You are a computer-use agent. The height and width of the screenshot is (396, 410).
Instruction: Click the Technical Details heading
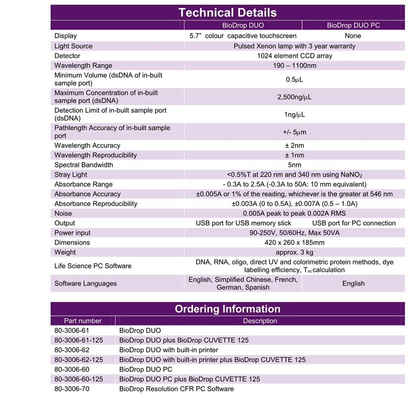coord(227,12)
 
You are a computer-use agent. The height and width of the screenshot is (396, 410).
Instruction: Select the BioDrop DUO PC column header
coord(353,26)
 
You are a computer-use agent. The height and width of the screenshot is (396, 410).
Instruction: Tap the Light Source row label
coord(73,46)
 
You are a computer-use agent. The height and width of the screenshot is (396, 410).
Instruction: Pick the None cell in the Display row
coord(353,36)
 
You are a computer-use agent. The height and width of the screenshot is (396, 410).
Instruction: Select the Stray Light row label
coord(71,174)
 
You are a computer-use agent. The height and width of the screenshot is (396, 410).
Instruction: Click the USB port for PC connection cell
coord(354,223)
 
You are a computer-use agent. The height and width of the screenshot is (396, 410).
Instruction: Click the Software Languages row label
coord(85,284)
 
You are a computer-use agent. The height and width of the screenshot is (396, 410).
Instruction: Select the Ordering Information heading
coord(227,309)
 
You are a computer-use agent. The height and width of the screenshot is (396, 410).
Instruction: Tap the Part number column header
coord(83,321)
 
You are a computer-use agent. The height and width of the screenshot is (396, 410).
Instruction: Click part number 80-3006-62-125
coord(79,359)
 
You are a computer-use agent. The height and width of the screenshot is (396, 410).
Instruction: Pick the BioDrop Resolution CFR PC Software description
coord(176,389)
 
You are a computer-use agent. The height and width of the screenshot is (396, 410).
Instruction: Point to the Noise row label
coord(63,213)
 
